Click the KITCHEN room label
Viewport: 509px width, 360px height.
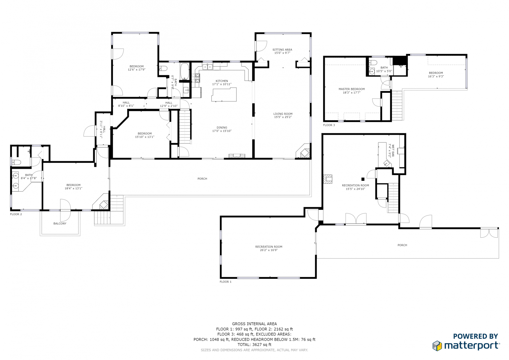[x=222, y=81]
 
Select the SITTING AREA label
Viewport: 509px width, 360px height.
[x=282, y=49]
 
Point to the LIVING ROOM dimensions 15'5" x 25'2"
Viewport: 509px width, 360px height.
[x=283, y=117]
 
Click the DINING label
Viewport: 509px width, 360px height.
[x=222, y=128]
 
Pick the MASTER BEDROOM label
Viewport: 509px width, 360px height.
[x=352, y=89]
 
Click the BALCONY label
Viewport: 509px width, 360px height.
[x=60, y=223]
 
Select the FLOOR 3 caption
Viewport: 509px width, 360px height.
[x=329, y=125]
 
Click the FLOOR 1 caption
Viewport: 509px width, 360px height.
[x=225, y=281]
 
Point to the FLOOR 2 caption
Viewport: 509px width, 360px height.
[x=16, y=214]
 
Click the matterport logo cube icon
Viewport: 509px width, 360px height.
[x=437, y=345]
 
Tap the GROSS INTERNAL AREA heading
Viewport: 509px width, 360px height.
[x=254, y=324]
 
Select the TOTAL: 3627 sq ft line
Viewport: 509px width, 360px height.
[x=254, y=344]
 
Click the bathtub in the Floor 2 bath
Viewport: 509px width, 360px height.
[x=185, y=71]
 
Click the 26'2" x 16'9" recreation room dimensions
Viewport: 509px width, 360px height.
[x=269, y=250]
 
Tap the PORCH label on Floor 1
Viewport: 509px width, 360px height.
[x=402, y=245]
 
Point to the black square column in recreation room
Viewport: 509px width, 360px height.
[x=363, y=179]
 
